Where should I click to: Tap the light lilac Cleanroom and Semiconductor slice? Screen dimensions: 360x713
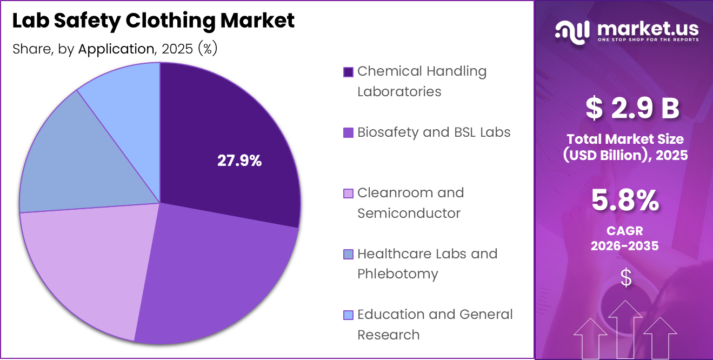coord(86,265)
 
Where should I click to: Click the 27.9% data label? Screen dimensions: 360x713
coord(239,161)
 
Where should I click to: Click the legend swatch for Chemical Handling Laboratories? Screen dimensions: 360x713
coord(348,72)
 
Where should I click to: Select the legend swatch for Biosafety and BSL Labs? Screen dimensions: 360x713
coord(348,132)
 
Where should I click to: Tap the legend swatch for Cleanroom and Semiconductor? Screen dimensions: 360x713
coord(348,194)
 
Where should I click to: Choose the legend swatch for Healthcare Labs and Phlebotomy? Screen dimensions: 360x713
coord(348,254)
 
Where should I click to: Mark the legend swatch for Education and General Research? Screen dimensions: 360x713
coord(348,315)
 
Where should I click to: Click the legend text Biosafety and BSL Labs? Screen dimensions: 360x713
coord(434,132)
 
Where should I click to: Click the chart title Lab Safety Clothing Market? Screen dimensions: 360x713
coord(154,21)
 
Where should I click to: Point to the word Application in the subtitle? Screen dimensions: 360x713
coord(116,49)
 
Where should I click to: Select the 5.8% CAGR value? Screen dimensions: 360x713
coord(625,201)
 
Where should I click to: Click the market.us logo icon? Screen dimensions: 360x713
coord(572,32)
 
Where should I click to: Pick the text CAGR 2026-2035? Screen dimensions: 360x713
coord(625,238)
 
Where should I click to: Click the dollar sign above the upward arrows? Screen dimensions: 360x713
coord(625,278)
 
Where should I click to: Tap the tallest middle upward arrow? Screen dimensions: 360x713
coord(625,330)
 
